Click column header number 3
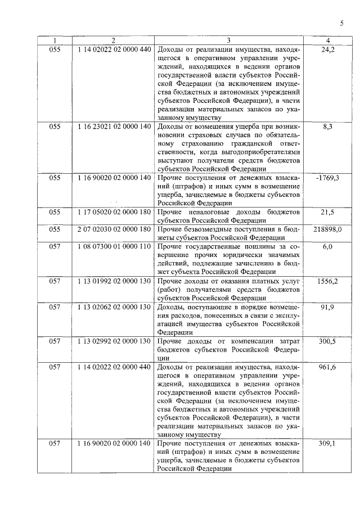pyautogui.click(x=228, y=40)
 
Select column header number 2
pyautogui.click(x=113, y=40)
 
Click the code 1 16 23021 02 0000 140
pyautogui.click(x=114, y=127)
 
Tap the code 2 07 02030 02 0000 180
pyautogui.click(x=114, y=229)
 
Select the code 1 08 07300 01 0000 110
pyautogui.click(x=114, y=246)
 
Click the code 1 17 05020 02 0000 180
pyautogui.click(x=114, y=212)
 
